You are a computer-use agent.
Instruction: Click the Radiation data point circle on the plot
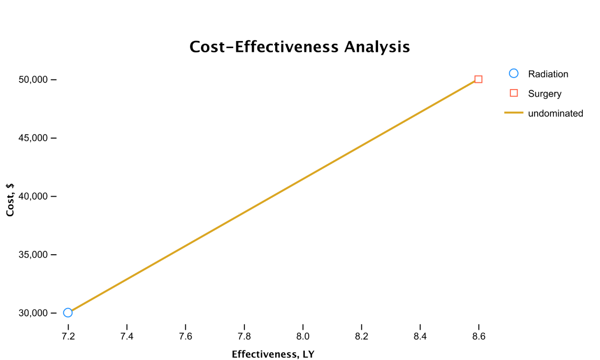point(68,313)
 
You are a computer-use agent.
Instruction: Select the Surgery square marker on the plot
point(479,80)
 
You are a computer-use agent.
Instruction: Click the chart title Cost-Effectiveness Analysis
point(300,47)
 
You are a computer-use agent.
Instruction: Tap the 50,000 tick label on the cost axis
point(33,80)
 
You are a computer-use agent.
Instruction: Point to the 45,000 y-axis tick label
point(33,138)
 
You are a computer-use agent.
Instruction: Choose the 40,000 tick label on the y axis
point(33,196)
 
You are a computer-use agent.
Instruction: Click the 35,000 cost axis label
point(33,255)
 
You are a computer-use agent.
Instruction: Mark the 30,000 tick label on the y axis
point(33,313)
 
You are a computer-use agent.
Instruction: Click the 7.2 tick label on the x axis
point(68,336)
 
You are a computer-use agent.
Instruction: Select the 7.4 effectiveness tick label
point(127,336)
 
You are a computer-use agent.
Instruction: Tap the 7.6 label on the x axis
point(185,336)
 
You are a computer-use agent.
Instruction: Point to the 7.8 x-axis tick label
point(244,336)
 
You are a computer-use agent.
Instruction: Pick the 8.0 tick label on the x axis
point(303,336)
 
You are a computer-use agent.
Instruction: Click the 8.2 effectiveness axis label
point(361,336)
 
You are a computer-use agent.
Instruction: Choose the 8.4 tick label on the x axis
point(420,336)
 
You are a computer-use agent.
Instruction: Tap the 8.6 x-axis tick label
point(479,336)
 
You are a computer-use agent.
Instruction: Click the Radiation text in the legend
point(548,74)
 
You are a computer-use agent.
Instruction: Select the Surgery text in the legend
point(545,94)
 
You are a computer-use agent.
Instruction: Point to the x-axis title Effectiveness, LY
point(273,354)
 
